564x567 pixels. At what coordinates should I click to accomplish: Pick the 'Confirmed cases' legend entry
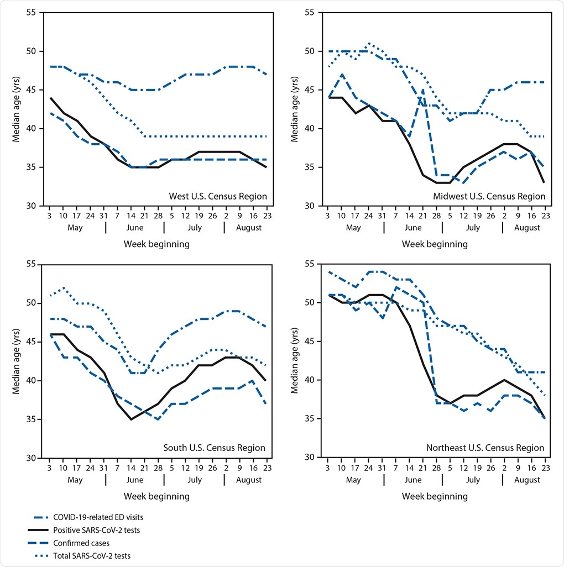[82, 543]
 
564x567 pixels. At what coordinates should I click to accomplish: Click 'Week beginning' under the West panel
[156, 244]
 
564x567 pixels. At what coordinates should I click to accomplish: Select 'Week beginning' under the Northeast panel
[435, 496]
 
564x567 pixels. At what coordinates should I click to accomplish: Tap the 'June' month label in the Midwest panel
[413, 228]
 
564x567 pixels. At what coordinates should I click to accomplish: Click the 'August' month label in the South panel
[249, 480]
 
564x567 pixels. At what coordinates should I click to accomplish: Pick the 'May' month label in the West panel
[75, 228]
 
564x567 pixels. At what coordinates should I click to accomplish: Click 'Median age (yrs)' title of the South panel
[17, 361]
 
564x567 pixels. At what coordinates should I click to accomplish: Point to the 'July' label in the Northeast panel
[473, 480]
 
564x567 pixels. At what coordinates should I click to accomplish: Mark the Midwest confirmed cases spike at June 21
[423, 90]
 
